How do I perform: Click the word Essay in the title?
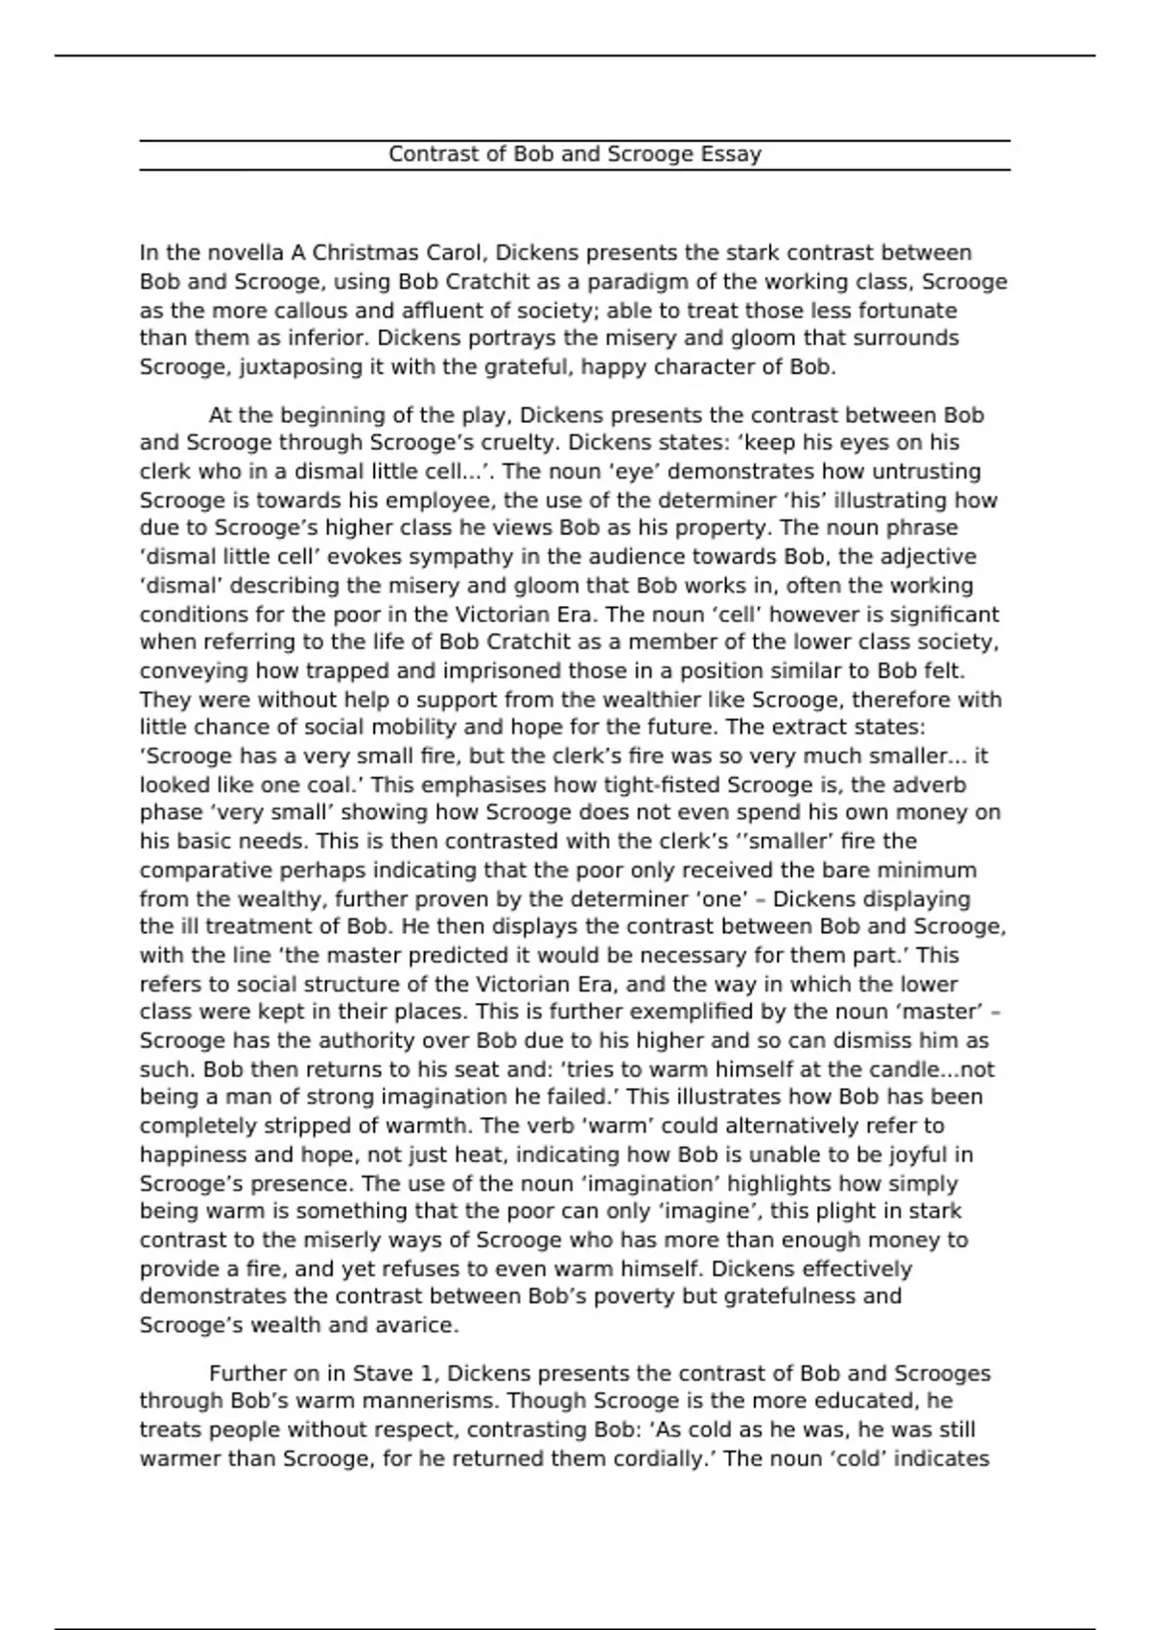[730, 155]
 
